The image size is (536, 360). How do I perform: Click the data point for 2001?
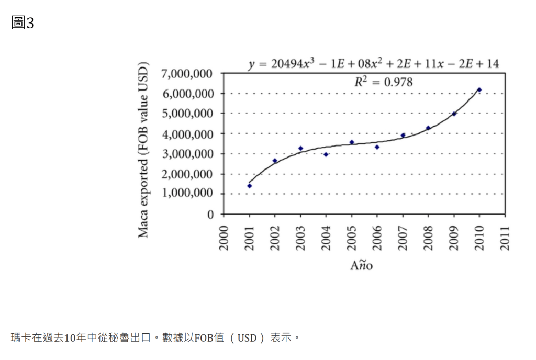(250, 186)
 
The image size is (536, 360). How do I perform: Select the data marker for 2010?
(479, 90)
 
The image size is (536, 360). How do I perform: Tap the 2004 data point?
(326, 154)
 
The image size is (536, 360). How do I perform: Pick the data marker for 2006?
(377, 147)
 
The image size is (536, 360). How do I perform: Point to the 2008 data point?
(428, 128)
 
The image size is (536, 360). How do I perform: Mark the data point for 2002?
(275, 161)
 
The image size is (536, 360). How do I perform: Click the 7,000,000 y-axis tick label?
(187, 74)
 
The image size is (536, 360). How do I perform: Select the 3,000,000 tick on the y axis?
(187, 154)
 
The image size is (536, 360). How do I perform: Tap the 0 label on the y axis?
(210, 214)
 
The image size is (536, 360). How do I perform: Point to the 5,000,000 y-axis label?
(187, 114)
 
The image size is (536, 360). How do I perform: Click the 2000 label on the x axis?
(224, 238)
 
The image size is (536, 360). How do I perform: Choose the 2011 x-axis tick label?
(505, 238)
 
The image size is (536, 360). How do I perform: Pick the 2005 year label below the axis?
(352, 238)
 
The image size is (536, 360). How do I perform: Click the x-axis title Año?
(362, 265)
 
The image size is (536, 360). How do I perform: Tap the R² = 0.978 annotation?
(383, 82)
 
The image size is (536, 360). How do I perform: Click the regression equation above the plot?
(374, 64)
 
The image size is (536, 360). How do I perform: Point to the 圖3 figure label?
(23, 23)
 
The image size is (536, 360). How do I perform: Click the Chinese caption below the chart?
(155, 337)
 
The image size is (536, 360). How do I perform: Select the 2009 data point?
(454, 114)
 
